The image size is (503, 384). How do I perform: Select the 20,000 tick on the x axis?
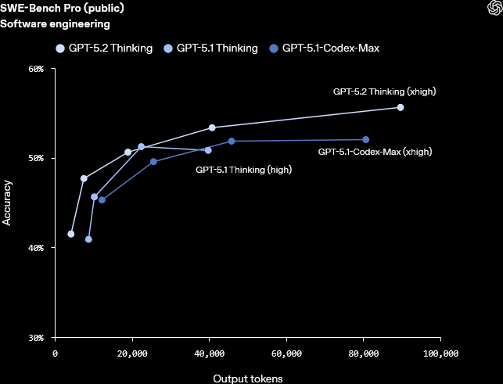pyautogui.click(x=132, y=353)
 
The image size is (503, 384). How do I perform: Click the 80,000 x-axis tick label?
pyautogui.click(x=364, y=353)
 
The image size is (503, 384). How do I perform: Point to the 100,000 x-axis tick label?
pyautogui.click(x=440, y=353)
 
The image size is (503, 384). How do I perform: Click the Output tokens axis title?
pyautogui.click(x=248, y=378)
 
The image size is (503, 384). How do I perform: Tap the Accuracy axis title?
pyautogui.click(x=7, y=203)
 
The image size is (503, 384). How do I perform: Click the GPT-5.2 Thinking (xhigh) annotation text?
pyautogui.click(x=384, y=92)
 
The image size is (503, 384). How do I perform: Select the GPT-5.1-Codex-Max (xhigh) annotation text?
pyautogui.click(x=375, y=152)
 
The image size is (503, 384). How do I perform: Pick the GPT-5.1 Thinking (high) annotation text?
pyautogui.click(x=244, y=169)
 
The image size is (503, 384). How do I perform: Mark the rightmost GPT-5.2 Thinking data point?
pyautogui.click(x=401, y=107)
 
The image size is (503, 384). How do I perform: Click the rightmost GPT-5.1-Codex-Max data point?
pyautogui.click(x=366, y=140)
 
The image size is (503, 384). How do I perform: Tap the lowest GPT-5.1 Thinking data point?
pyautogui.click(x=88, y=239)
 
